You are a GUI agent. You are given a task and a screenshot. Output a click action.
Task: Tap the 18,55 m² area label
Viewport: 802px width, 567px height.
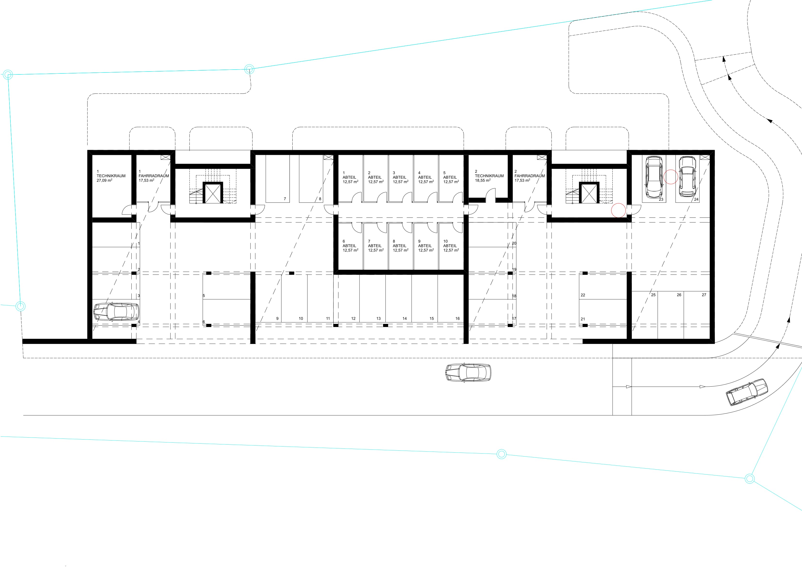point(483,181)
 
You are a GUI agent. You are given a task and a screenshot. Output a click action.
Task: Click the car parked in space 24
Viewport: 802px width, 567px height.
point(687,176)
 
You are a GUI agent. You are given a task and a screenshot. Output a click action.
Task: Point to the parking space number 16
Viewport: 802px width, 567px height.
point(457,319)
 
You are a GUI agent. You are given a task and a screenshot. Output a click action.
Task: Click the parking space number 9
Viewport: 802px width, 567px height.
point(277,319)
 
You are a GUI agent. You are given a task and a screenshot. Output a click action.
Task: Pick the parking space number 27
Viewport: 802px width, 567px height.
point(704,295)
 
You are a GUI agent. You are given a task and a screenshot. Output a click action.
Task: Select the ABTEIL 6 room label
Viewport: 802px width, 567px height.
point(349,243)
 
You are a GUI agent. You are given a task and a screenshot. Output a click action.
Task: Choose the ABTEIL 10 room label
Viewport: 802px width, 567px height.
point(450,243)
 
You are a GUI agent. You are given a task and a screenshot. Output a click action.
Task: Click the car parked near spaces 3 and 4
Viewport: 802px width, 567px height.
point(116,312)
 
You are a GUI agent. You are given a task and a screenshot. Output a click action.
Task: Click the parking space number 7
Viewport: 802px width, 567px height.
point(285,199)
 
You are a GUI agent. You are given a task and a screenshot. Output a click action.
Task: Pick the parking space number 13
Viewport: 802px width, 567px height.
point(378,319)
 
